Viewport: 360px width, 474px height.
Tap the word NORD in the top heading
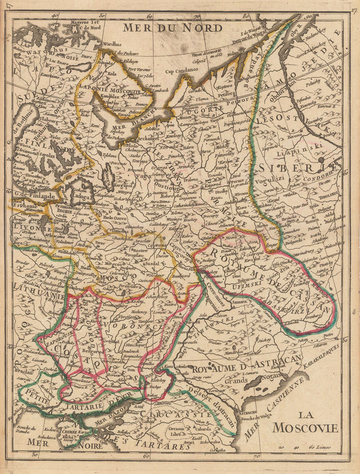pos(203,27)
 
